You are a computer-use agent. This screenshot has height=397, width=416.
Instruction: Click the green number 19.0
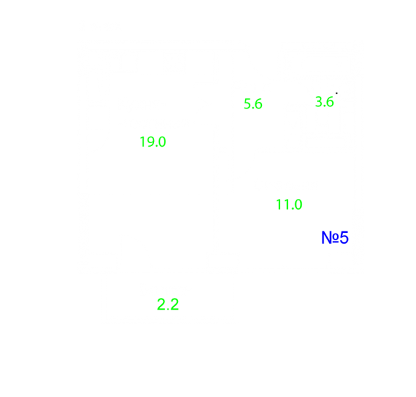(x=153, y=142)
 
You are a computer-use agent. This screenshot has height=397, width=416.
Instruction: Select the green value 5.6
(x=252, y=103)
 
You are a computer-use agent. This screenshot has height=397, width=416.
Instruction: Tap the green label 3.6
(x=324, y=102)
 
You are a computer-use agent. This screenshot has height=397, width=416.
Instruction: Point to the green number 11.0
(x=289, y=205)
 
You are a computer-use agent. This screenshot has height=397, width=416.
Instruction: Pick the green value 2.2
(x=168, y=304)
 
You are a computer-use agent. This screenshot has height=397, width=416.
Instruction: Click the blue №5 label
(x=335, y=238)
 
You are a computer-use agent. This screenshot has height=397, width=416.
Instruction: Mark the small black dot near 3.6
(x=336, y=93)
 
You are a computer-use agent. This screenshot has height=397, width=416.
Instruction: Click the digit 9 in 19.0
(x=149, y=142)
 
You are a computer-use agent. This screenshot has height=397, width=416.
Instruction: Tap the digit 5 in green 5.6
(x=247, y=103)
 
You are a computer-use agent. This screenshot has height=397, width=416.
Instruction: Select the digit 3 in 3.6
(x=318, y=102)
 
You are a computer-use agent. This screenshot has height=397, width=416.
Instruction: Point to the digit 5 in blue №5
(x=344, y=238)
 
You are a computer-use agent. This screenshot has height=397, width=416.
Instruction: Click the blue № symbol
(x=330, y=238)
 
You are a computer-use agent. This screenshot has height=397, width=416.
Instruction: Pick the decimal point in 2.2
(x=169, y=309)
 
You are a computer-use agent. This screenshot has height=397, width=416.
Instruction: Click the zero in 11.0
(x=297, y=205)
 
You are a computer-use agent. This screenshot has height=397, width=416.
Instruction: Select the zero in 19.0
(x=162, y=142)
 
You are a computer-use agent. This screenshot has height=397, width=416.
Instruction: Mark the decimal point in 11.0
(x=292, y=209)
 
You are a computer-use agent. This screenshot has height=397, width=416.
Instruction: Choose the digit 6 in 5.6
(x=258, y=103)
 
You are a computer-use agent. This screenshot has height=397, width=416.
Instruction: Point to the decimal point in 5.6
(x=252, y=108)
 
